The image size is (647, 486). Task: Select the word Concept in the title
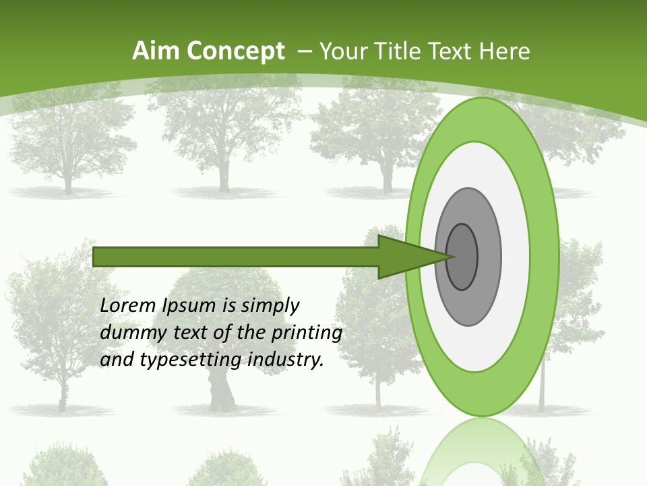tap(236, 51)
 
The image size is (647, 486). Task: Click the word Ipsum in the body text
tap(189, 306)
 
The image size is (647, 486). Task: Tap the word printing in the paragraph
tap(306, 333)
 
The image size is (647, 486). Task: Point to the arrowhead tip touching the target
tap(453, 256)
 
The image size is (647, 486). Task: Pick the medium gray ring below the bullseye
tap(468, 307)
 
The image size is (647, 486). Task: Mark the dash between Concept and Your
tap(304, 51)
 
